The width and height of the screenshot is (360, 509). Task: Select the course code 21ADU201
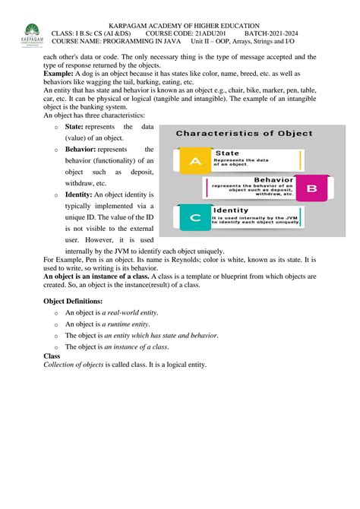coord(206,35)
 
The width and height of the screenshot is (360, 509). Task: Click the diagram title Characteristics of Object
coord(245,133)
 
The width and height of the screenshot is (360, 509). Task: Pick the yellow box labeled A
coord(194,160)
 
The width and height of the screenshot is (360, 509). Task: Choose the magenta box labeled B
coord(310,187)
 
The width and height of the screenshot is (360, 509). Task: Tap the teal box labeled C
coord(194,217)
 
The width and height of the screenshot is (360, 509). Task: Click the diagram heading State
coord(227,153)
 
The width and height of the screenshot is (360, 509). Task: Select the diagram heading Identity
coord(231,210)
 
